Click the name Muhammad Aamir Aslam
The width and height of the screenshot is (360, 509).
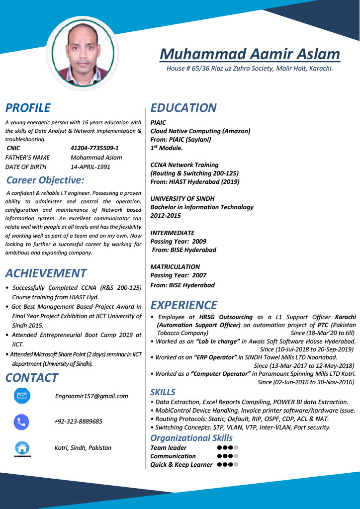250,54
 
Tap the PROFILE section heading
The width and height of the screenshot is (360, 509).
28,108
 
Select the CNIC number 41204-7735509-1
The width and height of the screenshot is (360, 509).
94,148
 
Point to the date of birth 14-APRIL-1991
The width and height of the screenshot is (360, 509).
90,167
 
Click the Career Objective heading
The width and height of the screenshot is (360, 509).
45,180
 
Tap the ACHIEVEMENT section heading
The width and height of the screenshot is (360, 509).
46,273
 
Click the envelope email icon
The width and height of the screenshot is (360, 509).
22,396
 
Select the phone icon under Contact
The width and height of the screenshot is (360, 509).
22,422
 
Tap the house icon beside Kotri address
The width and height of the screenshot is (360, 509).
22,448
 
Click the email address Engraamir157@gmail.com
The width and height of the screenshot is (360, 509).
91,396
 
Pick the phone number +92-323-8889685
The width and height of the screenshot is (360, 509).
79,422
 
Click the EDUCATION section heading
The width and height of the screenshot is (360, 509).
183,108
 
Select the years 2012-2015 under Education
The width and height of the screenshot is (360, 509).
166,216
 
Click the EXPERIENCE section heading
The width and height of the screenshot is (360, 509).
184,305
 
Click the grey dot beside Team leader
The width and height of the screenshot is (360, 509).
236,448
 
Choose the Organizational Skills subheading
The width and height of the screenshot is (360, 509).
191,438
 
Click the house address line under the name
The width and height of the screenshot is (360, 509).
250,68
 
